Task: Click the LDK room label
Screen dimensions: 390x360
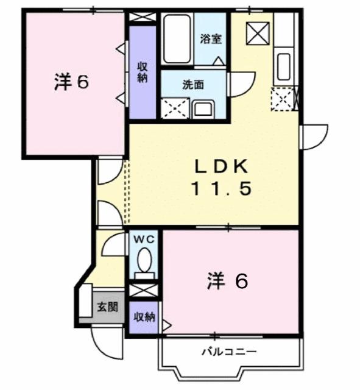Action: pos(221,166)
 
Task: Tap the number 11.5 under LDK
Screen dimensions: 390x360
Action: pos(221,189)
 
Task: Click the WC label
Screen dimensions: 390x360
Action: pos(144,239)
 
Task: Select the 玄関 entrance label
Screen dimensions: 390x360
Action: pos(107,307)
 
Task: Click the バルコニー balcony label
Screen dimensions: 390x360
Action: pos(229,352)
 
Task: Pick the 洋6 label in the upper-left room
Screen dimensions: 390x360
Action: pos(72,82)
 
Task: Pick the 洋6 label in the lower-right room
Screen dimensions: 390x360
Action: pos(227,282)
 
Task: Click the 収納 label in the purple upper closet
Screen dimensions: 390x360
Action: pos(142,72)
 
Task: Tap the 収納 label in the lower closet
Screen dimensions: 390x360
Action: pos(144,317)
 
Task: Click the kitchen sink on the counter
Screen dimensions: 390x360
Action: pos(283,66)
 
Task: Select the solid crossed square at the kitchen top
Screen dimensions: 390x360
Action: pos(257,32)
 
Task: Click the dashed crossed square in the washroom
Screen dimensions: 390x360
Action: pos(175,108)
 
